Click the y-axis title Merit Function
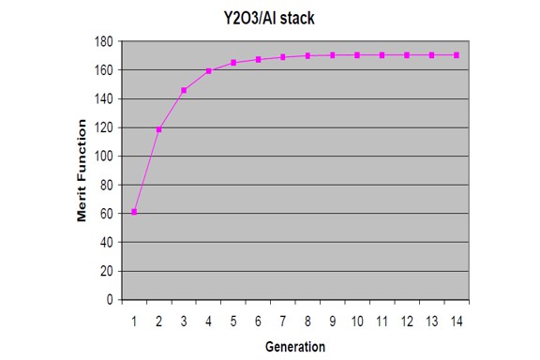point(82,172)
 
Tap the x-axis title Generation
point(293,346)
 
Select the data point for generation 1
point(134,212)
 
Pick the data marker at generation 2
point(159,129)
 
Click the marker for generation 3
point(184,90)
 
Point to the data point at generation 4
point(208,71)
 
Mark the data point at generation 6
point(258,59)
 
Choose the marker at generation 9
point(332,55)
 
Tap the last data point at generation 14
point(456,55)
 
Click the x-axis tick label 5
point(233,321)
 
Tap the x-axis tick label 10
point(357,321)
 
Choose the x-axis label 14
point(456,321)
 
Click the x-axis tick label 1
point(134,321)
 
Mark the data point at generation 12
point(407,55)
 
